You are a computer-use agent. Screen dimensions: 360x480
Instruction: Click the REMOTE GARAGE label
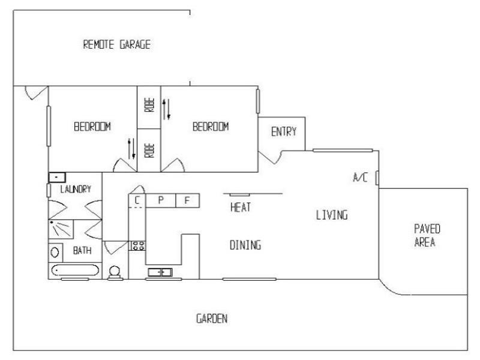coord(116,44)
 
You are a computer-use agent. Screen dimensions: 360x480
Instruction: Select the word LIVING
coord(332,215)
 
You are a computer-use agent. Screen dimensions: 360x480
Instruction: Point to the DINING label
coord(245,245)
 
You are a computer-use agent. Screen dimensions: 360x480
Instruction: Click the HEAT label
coord(240,208)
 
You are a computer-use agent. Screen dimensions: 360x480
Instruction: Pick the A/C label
coord(360,178)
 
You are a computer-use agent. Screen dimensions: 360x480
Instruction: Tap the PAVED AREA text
coord(428,236)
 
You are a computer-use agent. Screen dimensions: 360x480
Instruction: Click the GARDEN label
coord(212,319)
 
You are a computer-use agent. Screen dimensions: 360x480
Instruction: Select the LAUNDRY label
coord(75,190)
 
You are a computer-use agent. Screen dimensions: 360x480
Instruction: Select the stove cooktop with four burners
coord(137,245)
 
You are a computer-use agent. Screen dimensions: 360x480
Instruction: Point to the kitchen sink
coord(160,272)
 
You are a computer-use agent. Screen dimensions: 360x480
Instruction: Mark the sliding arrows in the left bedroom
coord(130,146)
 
